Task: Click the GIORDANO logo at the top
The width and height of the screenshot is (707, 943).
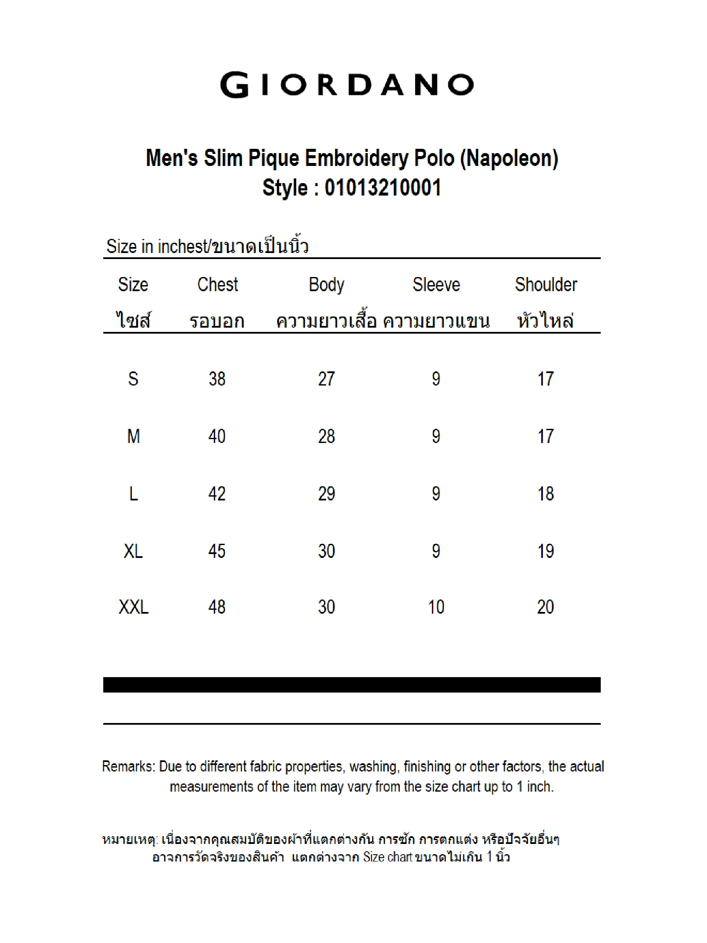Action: click(347, 85)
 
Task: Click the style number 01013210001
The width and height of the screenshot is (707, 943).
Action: click(383, 188)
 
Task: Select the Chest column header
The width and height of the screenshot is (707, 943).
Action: click(218, 285)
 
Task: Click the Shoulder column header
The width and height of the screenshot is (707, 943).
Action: click(546, 285)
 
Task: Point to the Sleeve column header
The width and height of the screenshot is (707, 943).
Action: click(436, 285)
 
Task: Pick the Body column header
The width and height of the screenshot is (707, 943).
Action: click(327, 285)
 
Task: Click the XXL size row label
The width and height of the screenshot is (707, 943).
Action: click(133, 607)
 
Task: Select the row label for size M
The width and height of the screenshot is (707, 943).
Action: click(133, 437)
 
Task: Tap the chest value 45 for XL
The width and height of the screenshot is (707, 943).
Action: click(217, 551)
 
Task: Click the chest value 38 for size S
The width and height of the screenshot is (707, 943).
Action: click(217, 379)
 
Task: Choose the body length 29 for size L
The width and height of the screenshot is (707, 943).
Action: click(327, 494)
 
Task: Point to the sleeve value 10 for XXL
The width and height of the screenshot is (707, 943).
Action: click(436, 607)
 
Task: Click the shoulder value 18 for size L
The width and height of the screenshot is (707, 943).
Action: click(546, 494)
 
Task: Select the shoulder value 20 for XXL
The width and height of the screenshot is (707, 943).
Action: click(546, 607)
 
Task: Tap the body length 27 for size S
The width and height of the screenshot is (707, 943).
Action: click(327, 379)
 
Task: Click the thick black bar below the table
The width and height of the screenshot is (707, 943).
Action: click(352, 685)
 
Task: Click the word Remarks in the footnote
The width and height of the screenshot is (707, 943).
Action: click(128, 766)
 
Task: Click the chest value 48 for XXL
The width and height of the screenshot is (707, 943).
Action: click(217, 607)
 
